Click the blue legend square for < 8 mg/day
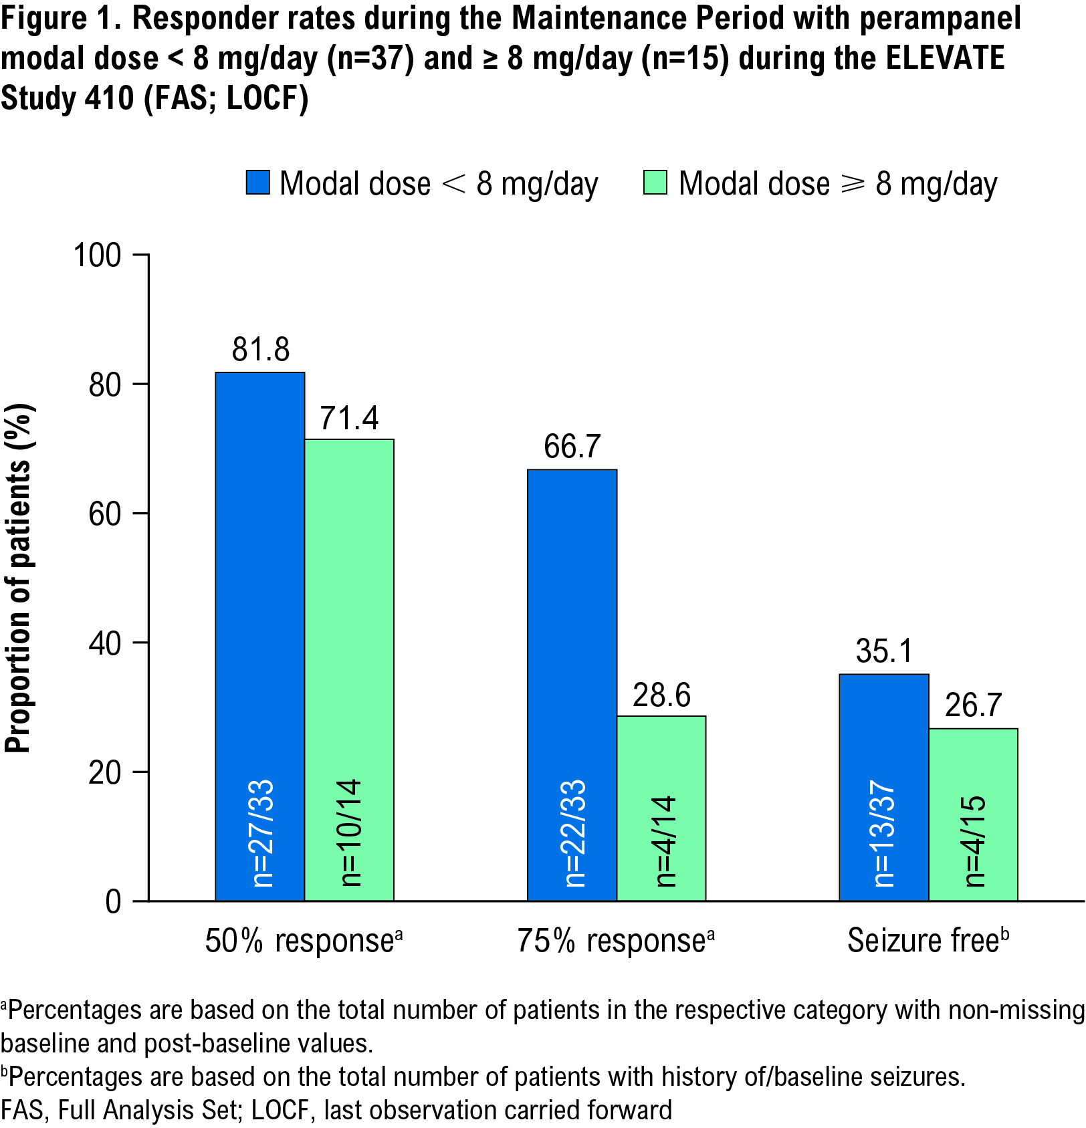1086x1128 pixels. point(257,183)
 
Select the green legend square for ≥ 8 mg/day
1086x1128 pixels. point(655,183)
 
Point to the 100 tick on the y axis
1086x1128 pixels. point(98,255)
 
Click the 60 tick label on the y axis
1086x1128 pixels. point(105,514)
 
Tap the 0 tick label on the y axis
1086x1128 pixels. point(113,901)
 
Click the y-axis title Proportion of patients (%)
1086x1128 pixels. point(19,578)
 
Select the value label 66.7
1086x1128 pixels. point(572,446)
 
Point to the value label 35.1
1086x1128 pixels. point(883,651)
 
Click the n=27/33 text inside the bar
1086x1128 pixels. point(262,833)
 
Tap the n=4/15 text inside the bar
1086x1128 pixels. point(976,841)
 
